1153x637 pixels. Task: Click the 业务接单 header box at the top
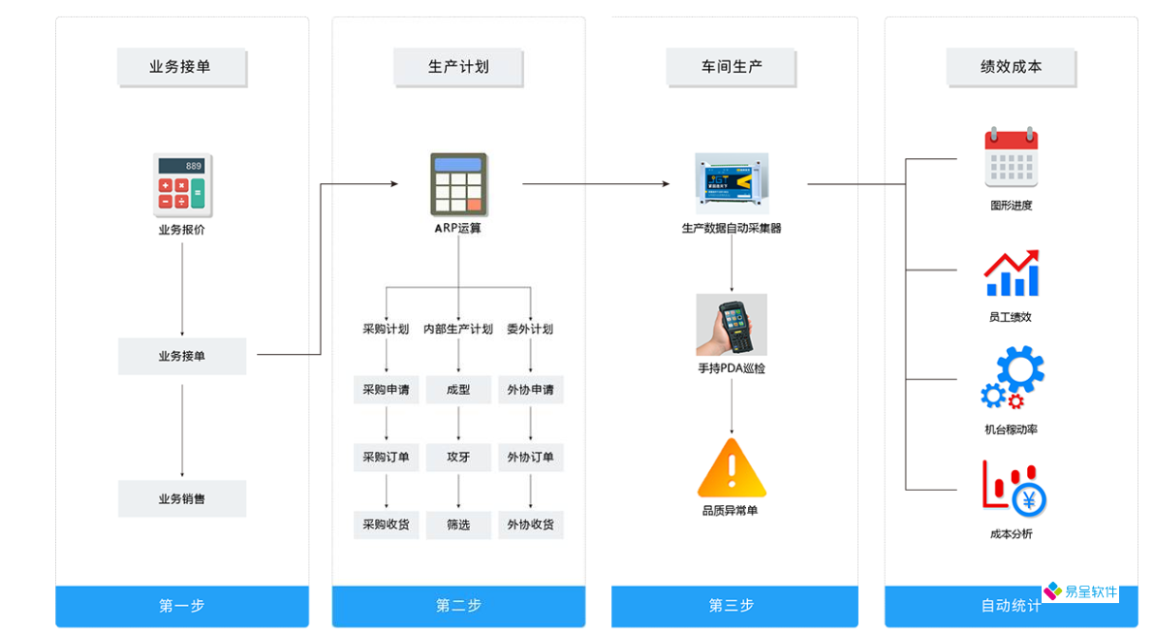click(181, 68)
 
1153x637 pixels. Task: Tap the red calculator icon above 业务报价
click(182, 185)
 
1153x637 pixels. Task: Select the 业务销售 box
click(182, 498)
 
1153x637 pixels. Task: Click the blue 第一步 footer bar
click(182, 606)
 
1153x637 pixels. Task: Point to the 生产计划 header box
click(458, 68)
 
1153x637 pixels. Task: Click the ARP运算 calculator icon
click(458, 184)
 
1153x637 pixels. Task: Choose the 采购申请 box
click(386, 390)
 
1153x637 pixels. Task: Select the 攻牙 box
click(458, 457)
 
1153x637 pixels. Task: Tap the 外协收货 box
click(530, 525)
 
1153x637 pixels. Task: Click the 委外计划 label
click(530, 329)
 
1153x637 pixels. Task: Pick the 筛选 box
click(458, 525)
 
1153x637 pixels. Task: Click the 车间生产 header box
click(732, 68)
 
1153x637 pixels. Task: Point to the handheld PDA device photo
click(732, 325)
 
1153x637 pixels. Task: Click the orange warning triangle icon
click(732, 468)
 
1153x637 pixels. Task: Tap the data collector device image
click(732, 182)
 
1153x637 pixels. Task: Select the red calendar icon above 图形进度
click(1011, 157)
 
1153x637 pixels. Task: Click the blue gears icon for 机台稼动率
click(1013, 378)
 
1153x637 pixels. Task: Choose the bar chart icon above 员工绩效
click(1011, 273)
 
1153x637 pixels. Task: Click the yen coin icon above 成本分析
click(1027, 499)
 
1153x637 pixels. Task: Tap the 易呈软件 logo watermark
click(1080, 591)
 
